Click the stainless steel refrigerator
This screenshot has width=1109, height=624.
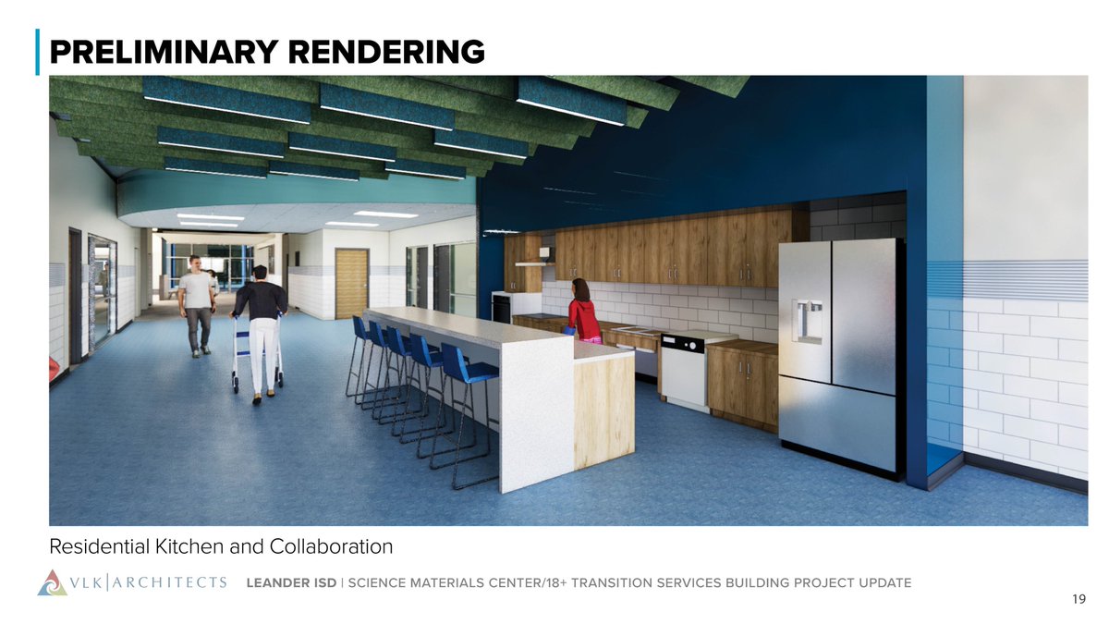coord(839,356)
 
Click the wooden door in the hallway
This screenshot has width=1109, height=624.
coord(351,283)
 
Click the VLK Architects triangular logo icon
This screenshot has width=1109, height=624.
coord(53,582)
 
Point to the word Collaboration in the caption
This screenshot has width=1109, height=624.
coord(331,547)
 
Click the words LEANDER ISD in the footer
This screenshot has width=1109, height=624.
coord(287,582)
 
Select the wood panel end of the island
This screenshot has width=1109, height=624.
coord(603,411)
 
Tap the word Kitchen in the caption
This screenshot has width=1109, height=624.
coord(182,547)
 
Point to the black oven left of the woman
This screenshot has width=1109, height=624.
coord(502,308)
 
